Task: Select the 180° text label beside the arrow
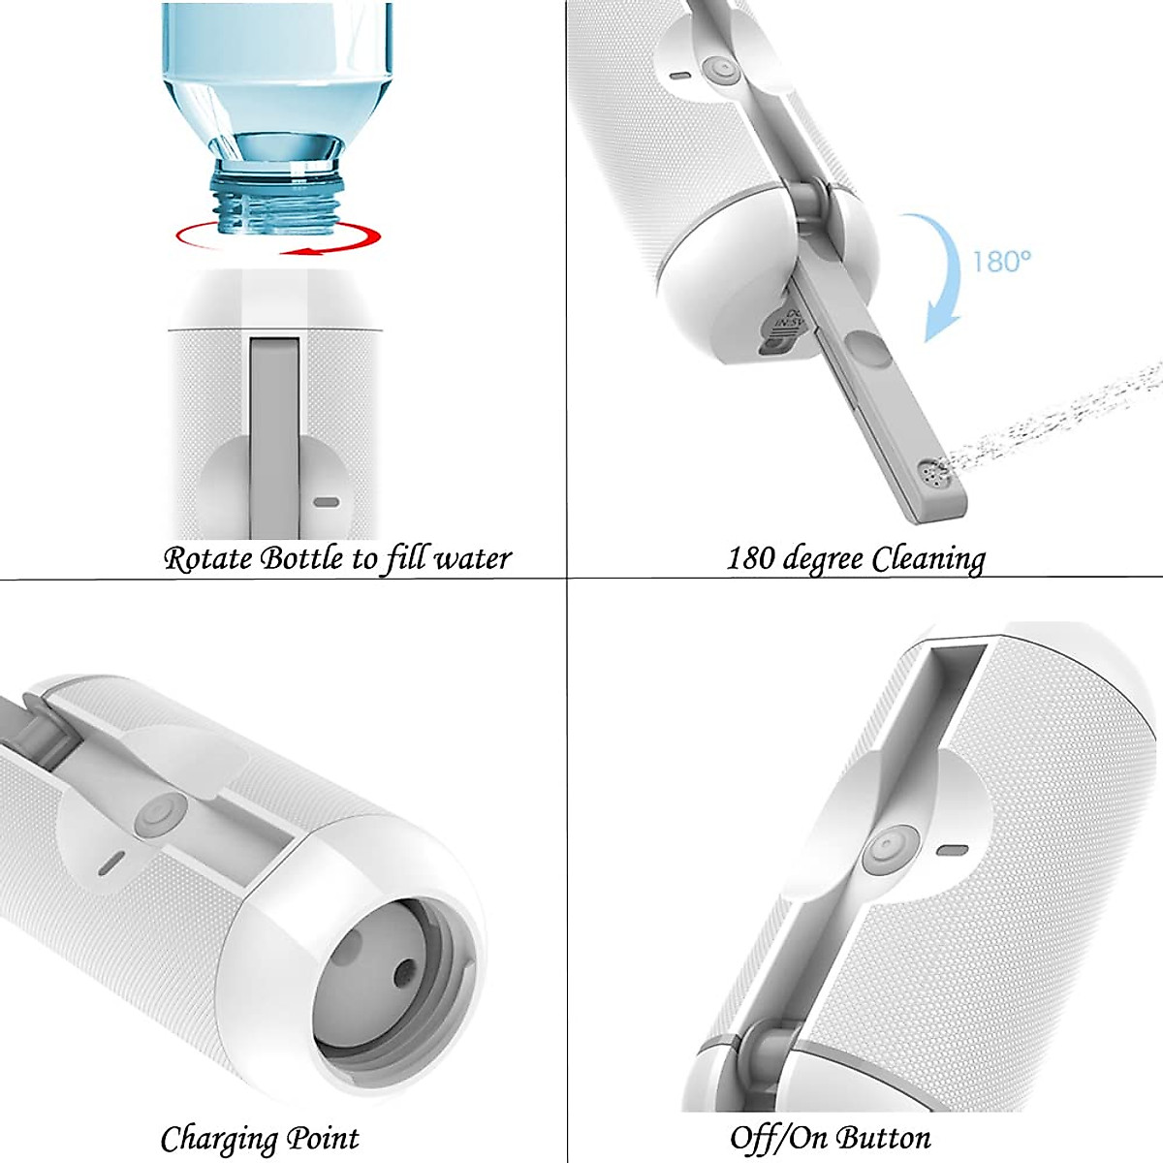[1001, 262]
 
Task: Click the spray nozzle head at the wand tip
[933, 474]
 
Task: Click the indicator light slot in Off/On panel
[952, 851]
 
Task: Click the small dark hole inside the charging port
[405, 968]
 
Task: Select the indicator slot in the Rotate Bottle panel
[327, 503]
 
